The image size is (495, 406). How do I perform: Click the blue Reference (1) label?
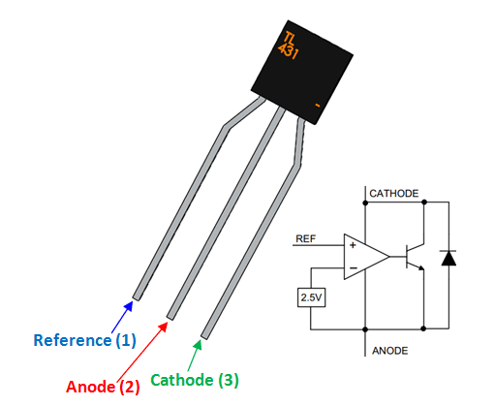click(84, 340)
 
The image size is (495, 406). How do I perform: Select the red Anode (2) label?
click(103, 386)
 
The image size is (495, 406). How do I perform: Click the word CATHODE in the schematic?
click(394, 194)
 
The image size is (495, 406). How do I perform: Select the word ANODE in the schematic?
click(389, 350)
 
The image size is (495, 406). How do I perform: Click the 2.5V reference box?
click(312, 298)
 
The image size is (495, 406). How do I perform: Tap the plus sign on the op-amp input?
click(353, 247)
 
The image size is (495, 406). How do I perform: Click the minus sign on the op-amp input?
click(353, 266)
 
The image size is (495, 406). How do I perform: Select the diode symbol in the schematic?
click(447, 259)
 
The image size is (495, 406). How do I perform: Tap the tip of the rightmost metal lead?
click(204, 335)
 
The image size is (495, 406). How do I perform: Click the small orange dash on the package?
click(317, 101)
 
